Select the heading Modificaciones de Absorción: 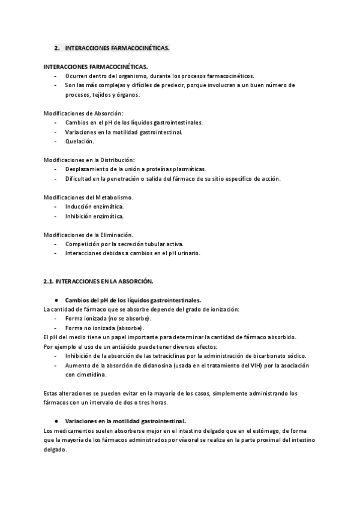point(83,113)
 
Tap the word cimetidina point(91,375)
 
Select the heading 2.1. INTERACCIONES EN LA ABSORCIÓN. point(99,281)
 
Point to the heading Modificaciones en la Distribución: point(89,160)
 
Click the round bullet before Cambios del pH point(56,300)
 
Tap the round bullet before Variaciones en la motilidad point(56,421)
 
